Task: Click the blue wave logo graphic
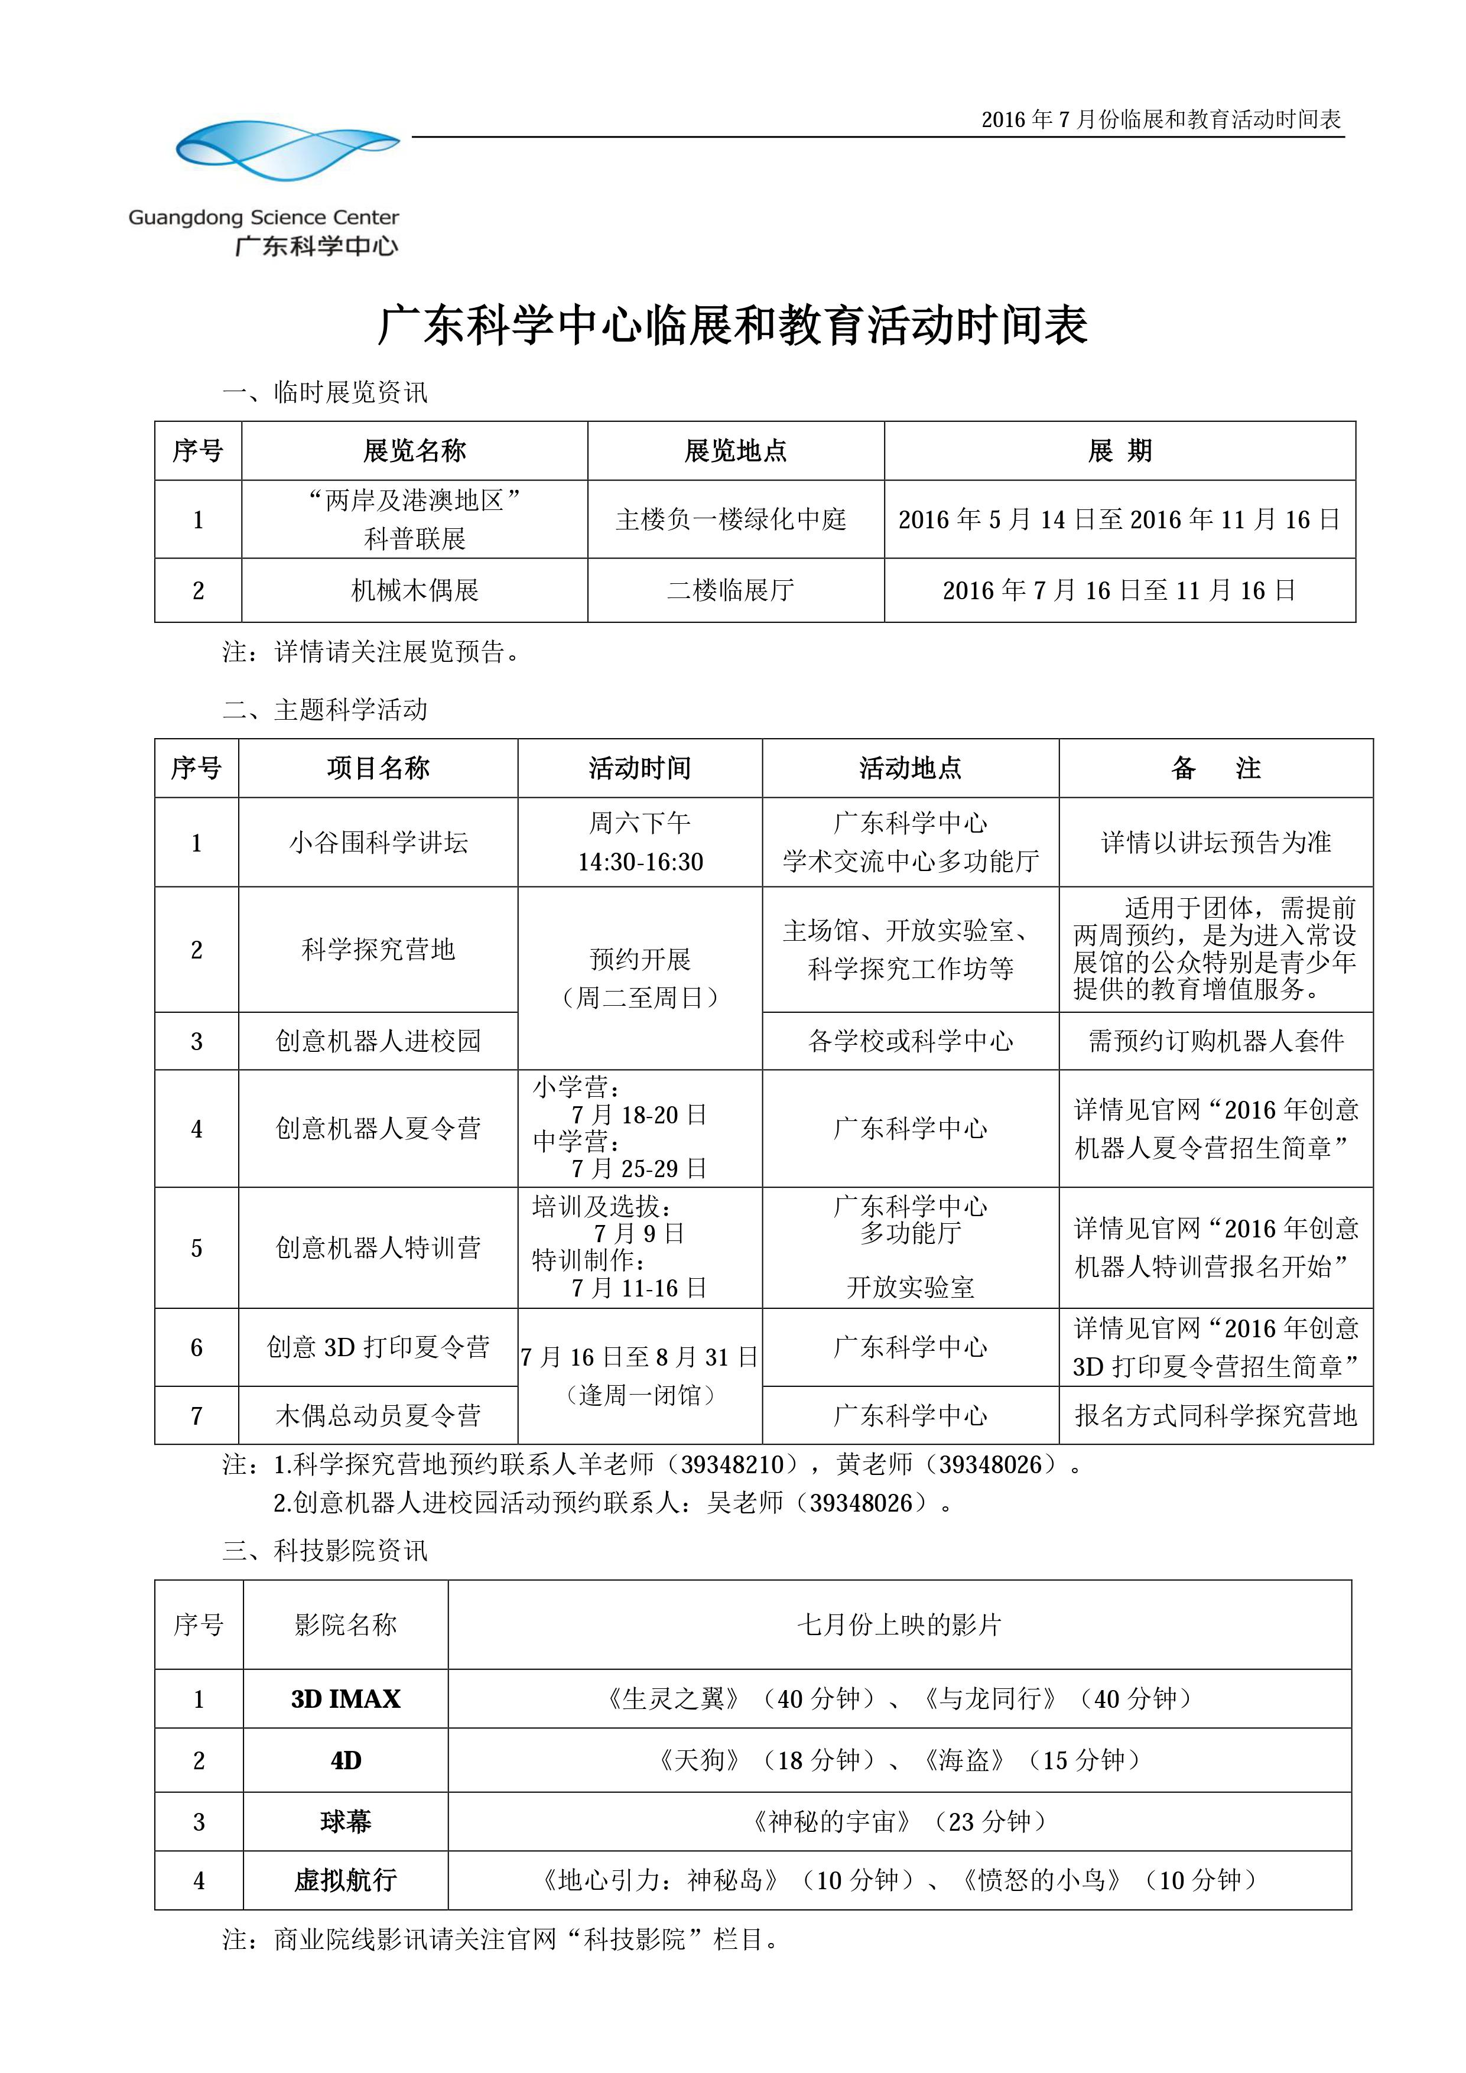tap(287, 150)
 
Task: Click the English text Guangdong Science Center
tap(263, 217)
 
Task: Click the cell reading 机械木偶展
tap(414, 590)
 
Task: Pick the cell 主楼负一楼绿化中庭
tap(731, 519)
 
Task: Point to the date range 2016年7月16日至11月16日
tap(1119, 590)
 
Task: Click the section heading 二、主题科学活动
tap(325, 710)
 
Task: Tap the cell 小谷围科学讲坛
tap(378, 843)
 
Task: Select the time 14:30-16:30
tap(640, 862)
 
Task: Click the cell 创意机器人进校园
tap(378, 1041)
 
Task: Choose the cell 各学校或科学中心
tap(910, 1041)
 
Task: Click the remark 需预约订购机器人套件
tap(1216, 1041)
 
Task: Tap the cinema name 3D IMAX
tap(346, 1699)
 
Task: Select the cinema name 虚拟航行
tap(346, 1881)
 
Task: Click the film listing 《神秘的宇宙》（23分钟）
tap(899, 1821)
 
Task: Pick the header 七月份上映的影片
tap(899, 1625)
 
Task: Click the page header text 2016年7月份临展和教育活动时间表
tap(1161, 119)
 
